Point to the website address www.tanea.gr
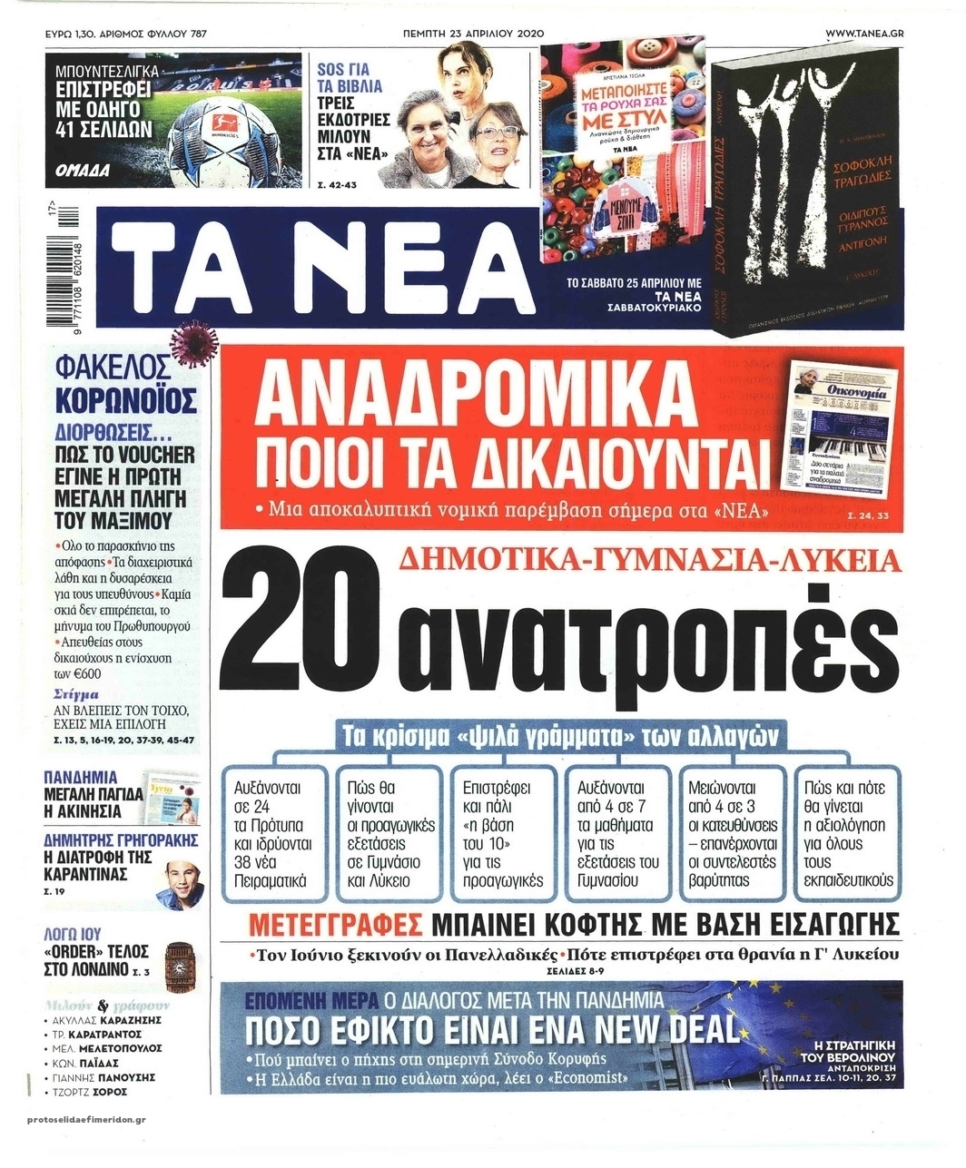click(870, 33)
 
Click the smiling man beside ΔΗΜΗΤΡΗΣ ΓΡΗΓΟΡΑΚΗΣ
click(180, 879)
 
